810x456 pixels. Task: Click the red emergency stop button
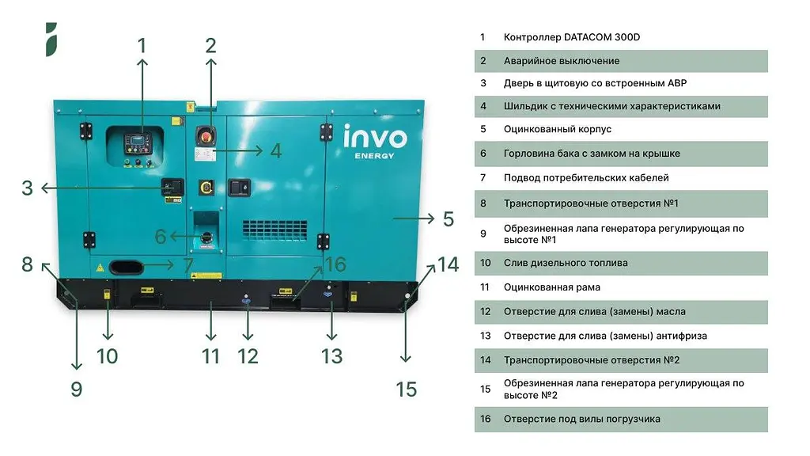(x=206, y=136)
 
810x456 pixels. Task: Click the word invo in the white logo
(x=375, y=137)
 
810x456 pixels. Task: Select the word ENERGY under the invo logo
(x=374, y=156)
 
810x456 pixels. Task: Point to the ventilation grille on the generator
(x=274, y=230)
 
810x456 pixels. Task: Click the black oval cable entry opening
(x=126, y=267)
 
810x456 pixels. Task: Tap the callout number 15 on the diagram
(x=406, y=389)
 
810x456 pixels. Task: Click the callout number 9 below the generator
(x=77, y=389)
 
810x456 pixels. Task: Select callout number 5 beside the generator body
(x=449, y=219)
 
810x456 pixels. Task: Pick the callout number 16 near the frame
(x=335, y=264)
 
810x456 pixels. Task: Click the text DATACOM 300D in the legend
(x=602, y=37)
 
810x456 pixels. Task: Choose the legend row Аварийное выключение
(x=621, y=61)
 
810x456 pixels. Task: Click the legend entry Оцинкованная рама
(x=551, y=287)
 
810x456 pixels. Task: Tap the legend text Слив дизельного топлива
(x=566, y=263)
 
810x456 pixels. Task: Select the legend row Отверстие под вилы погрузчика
(x=621, y=420)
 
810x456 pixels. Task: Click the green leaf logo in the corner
(x=51, y=40)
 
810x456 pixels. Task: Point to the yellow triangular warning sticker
(x=100, y=268)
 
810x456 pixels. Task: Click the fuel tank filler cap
(x=206, y=237)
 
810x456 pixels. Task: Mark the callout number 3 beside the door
(x=28, y=188)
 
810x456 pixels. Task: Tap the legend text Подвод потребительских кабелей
(x=586, y=178)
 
